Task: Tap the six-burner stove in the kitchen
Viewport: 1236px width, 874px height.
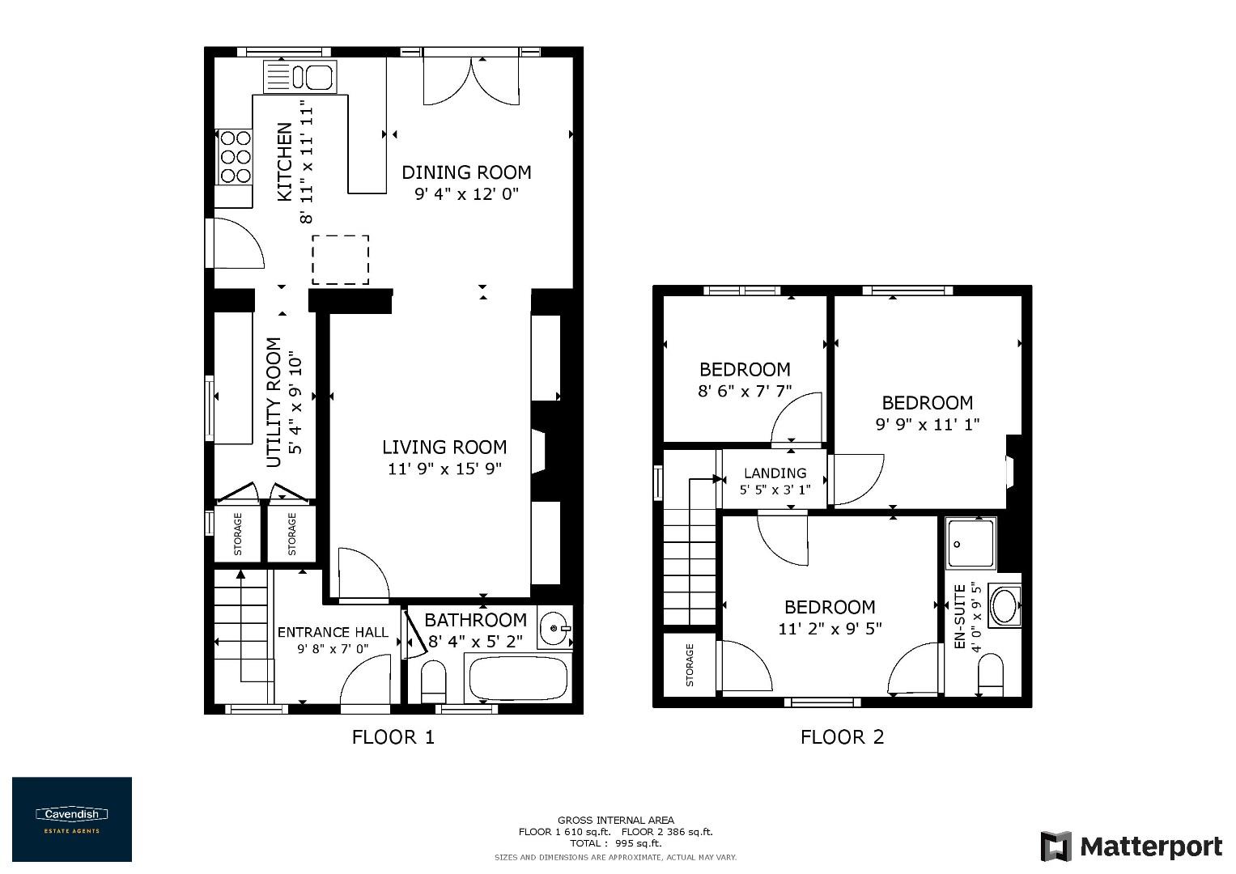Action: point(235,157)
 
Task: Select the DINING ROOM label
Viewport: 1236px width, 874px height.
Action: point(466,172)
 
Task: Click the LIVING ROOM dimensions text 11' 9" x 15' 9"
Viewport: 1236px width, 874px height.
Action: point(444,469)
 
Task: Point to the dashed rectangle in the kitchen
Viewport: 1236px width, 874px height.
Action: point(341,260)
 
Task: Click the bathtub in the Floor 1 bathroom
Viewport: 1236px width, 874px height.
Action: point(518,678)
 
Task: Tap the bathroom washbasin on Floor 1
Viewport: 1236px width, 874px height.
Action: point(555,627)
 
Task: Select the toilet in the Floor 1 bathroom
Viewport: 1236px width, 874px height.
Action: point(434,681)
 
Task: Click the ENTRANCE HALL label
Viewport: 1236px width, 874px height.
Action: point(333,632)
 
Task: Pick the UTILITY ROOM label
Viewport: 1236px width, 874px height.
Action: point(274,402)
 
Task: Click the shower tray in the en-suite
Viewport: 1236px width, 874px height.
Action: point(971,543)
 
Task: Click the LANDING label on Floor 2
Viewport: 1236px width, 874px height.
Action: point(775,473)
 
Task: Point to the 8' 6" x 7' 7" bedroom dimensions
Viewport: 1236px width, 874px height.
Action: point(745,391)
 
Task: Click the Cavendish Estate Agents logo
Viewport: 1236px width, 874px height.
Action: point(71,819)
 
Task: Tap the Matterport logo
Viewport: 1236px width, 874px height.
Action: point(1131,846)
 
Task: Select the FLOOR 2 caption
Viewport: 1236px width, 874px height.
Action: point(842,737)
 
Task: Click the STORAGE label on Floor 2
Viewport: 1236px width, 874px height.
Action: point(690,665)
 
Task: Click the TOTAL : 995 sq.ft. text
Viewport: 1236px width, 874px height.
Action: point(615,843)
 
